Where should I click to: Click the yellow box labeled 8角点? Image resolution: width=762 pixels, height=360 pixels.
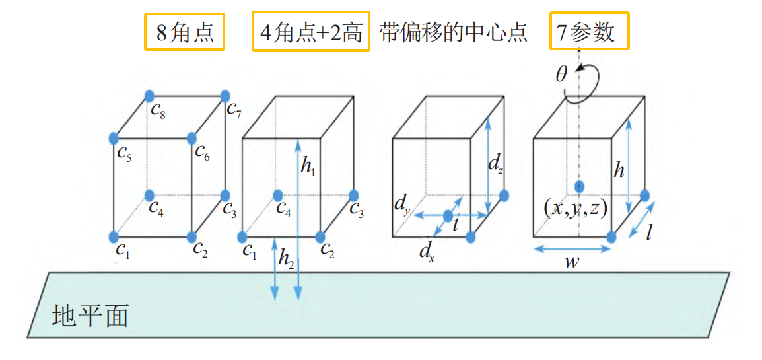[184, 32]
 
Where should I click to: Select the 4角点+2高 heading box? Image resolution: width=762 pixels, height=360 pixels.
[310, 32]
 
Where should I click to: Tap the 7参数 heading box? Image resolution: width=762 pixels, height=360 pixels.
[589, 32]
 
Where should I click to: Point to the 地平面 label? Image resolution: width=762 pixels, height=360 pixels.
[90, 316]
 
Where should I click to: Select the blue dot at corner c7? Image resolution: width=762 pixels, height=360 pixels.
[225, 95]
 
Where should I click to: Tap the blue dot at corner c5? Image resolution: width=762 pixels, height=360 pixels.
[114, 139]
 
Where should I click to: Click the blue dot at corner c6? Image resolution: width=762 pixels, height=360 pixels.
[191, 139]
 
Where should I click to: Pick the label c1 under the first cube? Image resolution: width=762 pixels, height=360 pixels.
[123, 250]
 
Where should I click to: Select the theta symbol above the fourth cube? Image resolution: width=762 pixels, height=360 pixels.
[561, 74]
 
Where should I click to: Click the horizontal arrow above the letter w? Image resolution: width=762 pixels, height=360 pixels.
[572, 248]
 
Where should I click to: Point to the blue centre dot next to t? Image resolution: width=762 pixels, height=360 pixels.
[448, 216]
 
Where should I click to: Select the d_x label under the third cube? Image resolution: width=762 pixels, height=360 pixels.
[427, 251]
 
